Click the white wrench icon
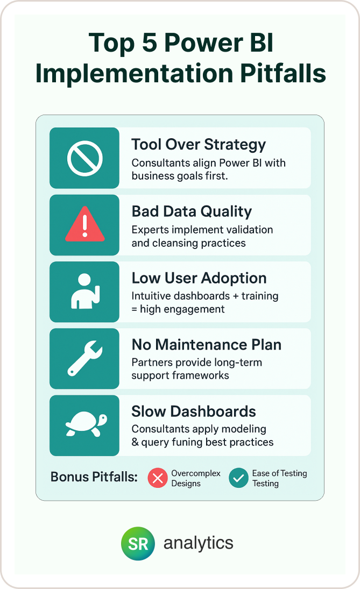point(84,358)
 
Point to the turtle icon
point(85,425)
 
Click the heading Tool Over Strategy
point(199,144)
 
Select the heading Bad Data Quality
point(192,211)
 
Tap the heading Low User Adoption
point(199,278)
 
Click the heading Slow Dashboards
point(194,411)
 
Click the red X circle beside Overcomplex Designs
point(158,478)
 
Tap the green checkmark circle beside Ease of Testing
point(238,478)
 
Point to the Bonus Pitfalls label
point(94,477)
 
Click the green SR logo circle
point(138,543)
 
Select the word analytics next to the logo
point(199,543)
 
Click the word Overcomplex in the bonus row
point(196,473)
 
